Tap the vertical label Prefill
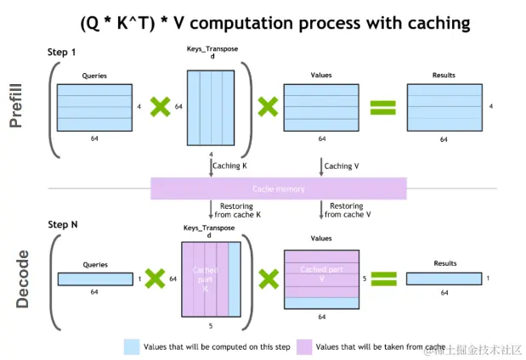tap(16, 107)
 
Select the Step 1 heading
tap(62, 53)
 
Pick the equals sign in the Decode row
tap(384, 278)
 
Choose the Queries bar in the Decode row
tap(94, 278)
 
